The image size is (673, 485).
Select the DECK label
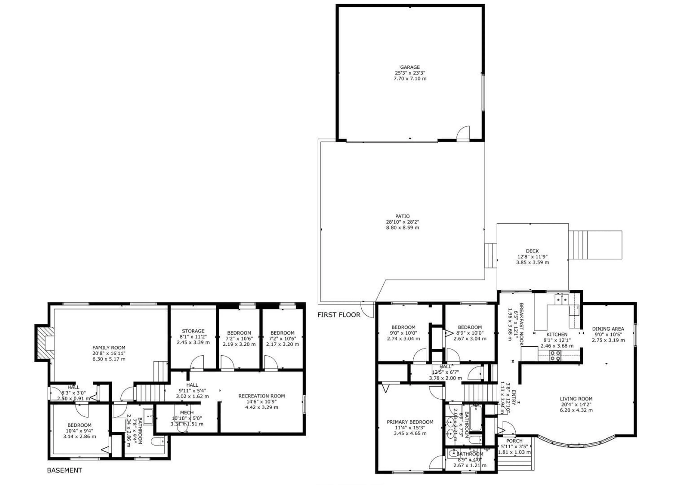click(532, 251)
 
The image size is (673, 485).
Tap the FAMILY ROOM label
click(109, 347)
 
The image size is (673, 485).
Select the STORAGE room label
click(193, 331)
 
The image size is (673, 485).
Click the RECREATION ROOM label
click(261, 396)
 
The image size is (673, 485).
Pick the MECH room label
click(187, 413)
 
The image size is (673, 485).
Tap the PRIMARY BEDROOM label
click(410, 422)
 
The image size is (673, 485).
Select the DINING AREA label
click(608, 329)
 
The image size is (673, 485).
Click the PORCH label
click(514, 441)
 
